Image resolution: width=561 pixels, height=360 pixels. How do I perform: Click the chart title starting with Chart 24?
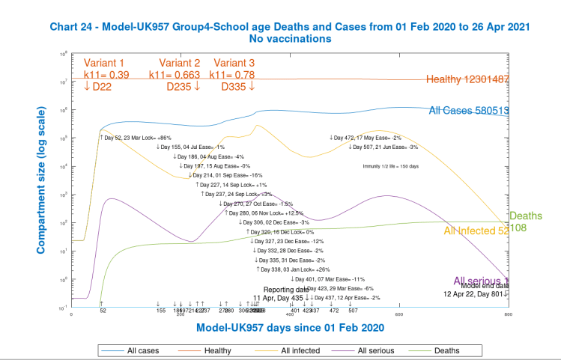coord(291,25)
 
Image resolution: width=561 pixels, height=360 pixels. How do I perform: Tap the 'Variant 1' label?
coord(104,63)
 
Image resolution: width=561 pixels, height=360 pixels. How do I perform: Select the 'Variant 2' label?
coord(179,63)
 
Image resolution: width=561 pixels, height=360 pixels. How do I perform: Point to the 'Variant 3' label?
coord(234,63)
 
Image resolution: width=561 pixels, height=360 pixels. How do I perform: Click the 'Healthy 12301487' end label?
coord(467,79)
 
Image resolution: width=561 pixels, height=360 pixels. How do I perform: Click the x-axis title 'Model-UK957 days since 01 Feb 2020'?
coord(291,328)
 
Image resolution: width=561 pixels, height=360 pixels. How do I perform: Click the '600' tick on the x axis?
coord(398,314)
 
